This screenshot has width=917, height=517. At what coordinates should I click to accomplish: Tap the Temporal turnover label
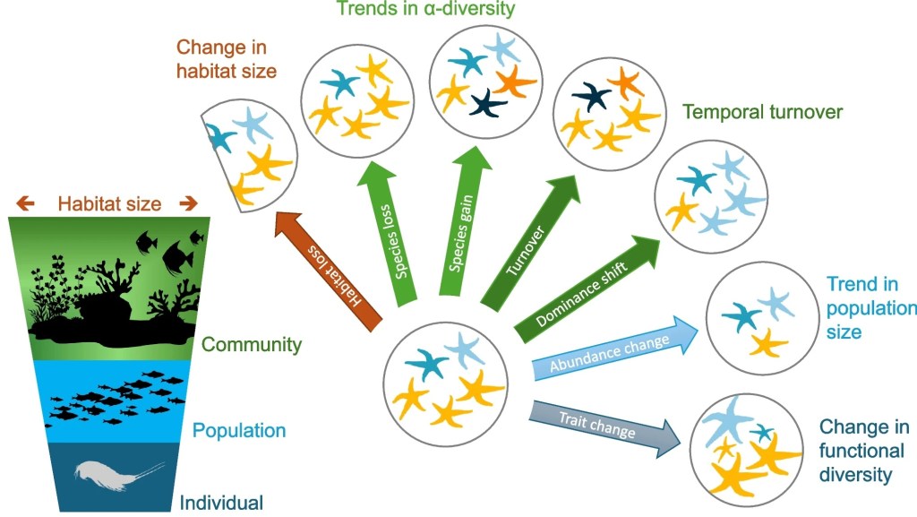pos(762,113)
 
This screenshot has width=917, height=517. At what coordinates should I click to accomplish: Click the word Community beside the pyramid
pos(252,344)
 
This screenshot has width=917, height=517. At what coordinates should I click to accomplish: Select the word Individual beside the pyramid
pos(221,502)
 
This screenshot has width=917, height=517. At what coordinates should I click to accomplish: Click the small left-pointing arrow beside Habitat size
pos(26,203)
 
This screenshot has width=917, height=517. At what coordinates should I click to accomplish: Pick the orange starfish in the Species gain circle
pos(515,82)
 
